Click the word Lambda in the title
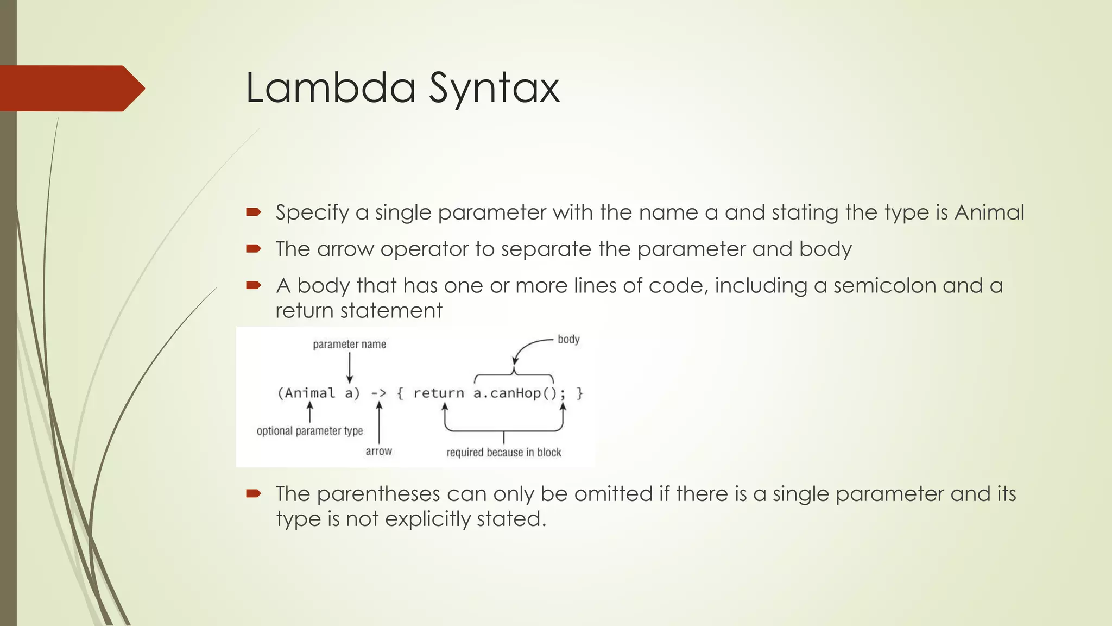click(x=330, y=88)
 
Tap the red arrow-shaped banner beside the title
click(x=71, y=88)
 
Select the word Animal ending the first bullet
click(x=989, y=212)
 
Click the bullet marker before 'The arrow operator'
click(x=253, y=249)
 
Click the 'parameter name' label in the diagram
click(x=349, y=345)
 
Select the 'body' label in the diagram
click(x=568, y=340)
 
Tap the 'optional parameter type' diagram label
click(x=309, y=431)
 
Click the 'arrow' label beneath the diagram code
click(x=378, y=452)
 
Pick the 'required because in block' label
click(x=503, y=453)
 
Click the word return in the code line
click(x=439, y=393)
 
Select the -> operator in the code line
click(x=378, y=393)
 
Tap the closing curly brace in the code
click(x=579, y=393)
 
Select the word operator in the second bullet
click(x=424, y=249)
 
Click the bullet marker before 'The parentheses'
click(x=253, y=494)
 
